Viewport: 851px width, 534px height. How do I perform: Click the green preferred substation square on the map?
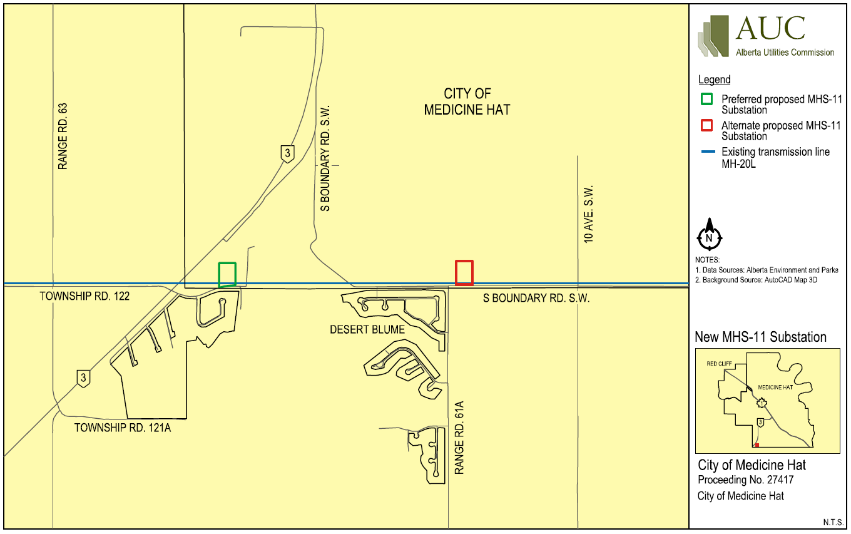tap(227, 274)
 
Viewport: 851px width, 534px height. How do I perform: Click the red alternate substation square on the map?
tap(464, 272)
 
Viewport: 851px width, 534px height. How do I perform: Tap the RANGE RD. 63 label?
tap(62, 136)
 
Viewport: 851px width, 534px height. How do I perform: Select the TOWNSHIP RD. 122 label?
tap(84, 295)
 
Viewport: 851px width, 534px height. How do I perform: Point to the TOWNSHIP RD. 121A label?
tap(123, 428)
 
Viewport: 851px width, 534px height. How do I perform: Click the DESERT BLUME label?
tap(367, 329)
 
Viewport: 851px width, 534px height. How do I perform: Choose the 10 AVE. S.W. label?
tap(588, 214)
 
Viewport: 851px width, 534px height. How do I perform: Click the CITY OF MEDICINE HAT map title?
tap(467, 101)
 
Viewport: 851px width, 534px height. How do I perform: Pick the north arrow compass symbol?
tap(709, 236)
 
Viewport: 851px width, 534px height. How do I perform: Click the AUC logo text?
tap(770, 29)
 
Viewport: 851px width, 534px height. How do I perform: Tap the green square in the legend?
tap(706, 99)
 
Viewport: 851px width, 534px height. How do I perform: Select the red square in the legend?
tap(706, 125)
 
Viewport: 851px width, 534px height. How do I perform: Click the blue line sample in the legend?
tap(706, 151)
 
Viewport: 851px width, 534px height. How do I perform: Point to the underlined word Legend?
tap(714, 80)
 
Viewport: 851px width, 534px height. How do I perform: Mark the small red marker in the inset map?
tap(757, 445)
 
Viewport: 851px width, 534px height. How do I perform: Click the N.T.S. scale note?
tap(832, 522)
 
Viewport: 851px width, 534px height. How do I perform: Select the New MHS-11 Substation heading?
tap(760, 337)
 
